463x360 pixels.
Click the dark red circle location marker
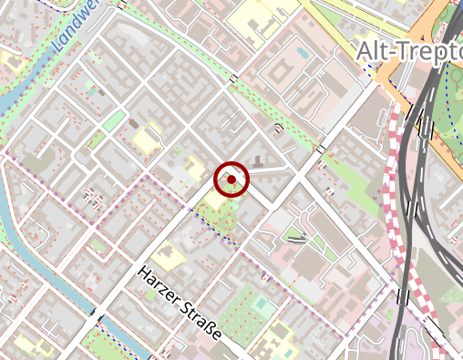pyautogui.click(x=231, y=179)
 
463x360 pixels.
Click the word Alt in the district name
pyautogui.click(x=372, y=51)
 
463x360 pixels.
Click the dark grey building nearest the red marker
pyautogui.click(x=258, y=162)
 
